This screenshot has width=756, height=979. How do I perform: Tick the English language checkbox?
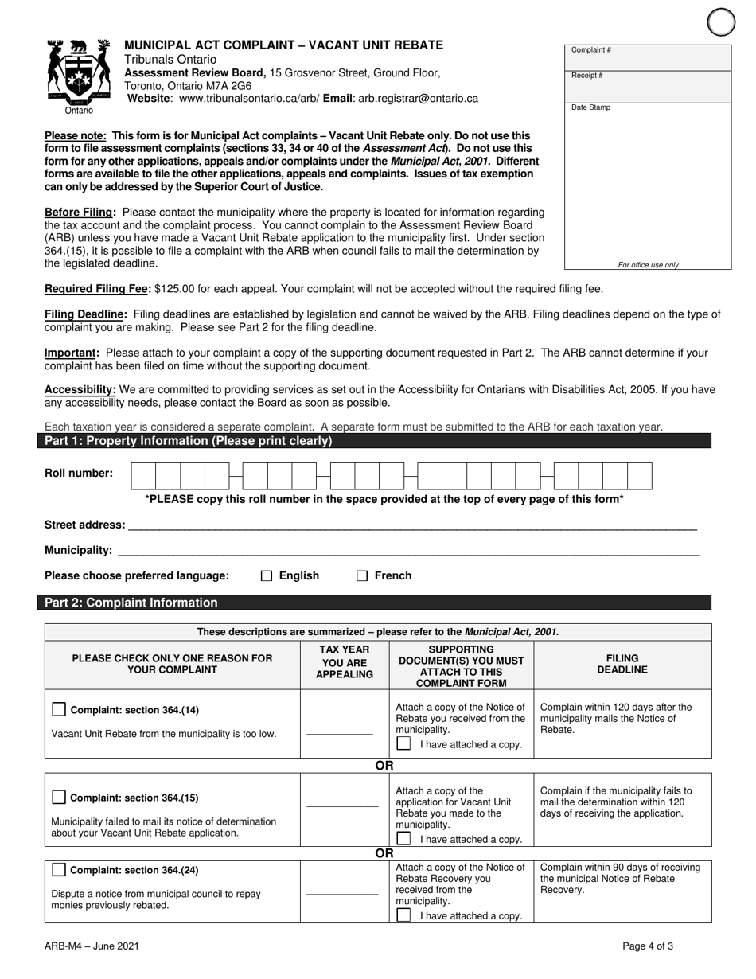click(x=267, y=576)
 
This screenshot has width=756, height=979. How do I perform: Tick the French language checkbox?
click(x=362, y=576)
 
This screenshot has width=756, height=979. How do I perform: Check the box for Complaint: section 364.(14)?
click(x=59, y=709)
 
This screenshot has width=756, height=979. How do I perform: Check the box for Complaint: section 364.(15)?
click(x=59, y=798)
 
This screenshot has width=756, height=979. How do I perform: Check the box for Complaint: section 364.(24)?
click(x=59, y=869)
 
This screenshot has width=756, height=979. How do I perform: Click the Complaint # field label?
click(x=591, y=51)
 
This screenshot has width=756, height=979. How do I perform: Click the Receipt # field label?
click(x=587, y=76)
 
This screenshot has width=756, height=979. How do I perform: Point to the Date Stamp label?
click(x=590, y=107)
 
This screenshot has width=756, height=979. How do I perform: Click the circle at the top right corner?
click(x=721, y=21)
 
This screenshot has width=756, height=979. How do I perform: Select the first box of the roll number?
click(x=142, y=476)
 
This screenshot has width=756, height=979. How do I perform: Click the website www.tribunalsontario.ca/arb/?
click(x=249, y=99)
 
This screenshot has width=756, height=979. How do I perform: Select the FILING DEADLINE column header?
click(x=622, y=664)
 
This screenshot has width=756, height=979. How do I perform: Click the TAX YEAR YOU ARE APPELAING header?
click(x=345, y=662)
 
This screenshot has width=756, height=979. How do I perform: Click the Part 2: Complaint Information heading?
click(x=131, y=603)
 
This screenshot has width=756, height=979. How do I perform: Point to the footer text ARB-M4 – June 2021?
click(x=92, y=946)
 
